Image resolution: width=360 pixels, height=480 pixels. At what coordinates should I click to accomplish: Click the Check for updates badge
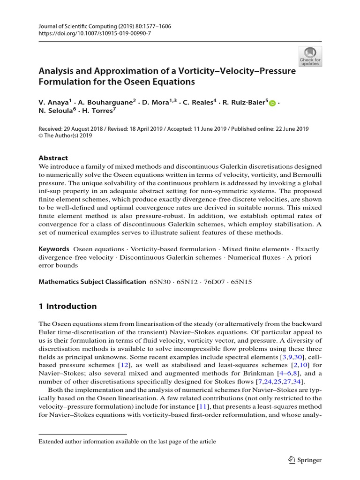point(310,56)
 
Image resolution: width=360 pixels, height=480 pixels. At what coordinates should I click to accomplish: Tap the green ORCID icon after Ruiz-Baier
point(273,103)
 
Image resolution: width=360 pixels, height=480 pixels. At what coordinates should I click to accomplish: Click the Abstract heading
point(53,158)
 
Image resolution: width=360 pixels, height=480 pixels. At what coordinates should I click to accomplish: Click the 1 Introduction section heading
point(67,306)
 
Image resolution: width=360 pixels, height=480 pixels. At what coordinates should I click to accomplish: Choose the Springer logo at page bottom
point(305,460)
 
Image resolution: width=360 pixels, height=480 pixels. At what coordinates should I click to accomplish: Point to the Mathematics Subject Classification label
point(92,282)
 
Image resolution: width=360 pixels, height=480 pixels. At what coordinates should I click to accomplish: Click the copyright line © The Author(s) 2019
point(65,136)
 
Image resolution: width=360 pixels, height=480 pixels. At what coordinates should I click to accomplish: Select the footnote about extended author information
point(127,441)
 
